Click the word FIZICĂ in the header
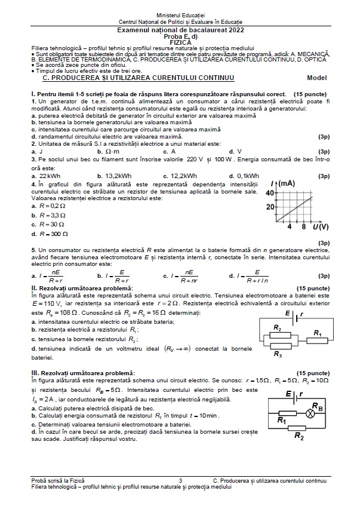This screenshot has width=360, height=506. pyautogui.click(x=180, y=43)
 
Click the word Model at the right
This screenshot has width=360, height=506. pyautogui.click(x=317, y=78)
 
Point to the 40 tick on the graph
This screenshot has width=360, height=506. pyautogui.click(x=269, y=193)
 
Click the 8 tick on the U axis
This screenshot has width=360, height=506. pyautogui.click(x=304, y=227)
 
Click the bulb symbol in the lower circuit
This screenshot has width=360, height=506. pyautogui.click(x=310, y=413)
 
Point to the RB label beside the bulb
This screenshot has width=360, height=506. pyautogui.click(x=318, y=407)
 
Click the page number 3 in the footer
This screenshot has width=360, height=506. pyautogui.click(x=180, y=480)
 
